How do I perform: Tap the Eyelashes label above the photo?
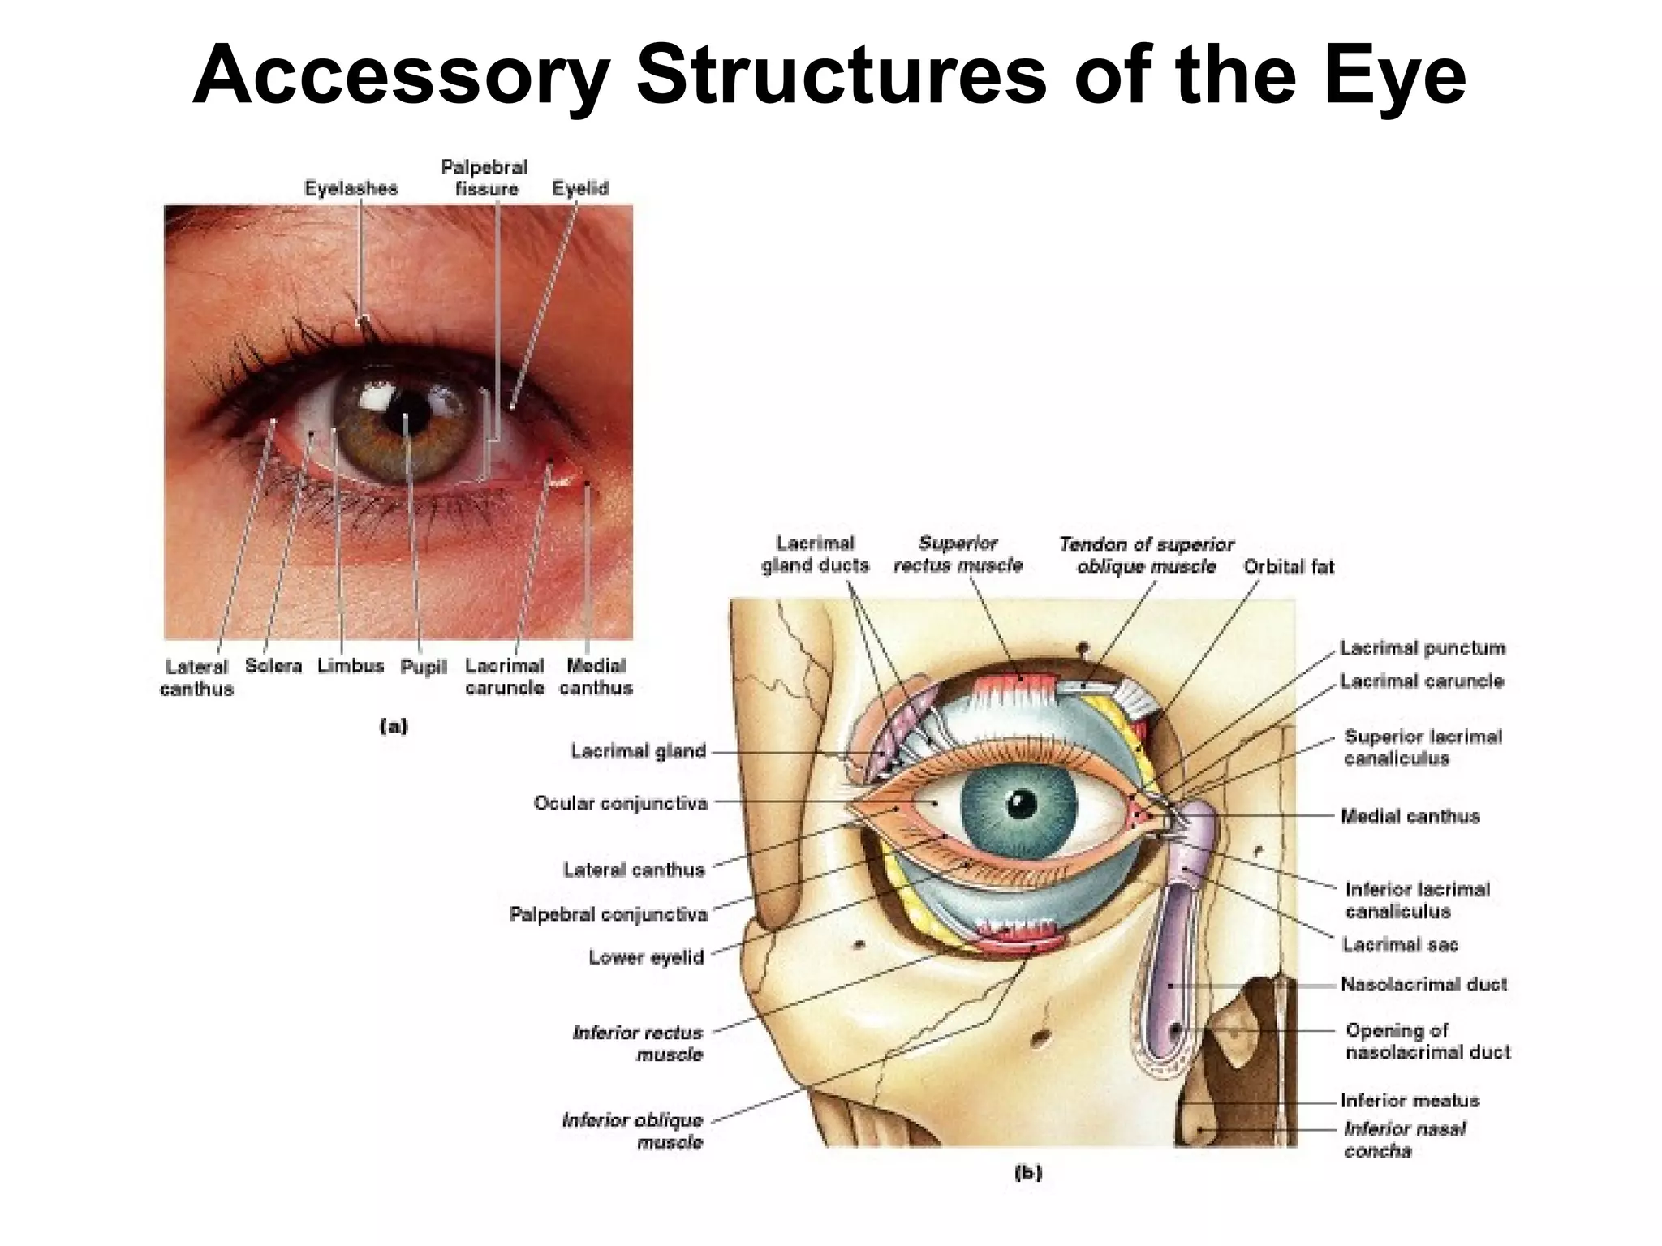pyautogui.click(x=351, y=189)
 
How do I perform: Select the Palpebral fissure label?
pyautogui.click(x=484, y=178)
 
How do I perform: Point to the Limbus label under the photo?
pyautogui.click(x=350, y=666)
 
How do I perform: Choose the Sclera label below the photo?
pyautogui.click(x=273, y=666)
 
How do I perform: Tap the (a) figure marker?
pyautogui.click(x=394, y=726)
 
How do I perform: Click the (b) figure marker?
pyautogui.click(x=1027, y=1172)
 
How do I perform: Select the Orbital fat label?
pyautogui.click(x=1289, y=567)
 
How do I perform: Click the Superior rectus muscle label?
pyautogui.click(x=958, y=554)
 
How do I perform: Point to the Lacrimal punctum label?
pyautogui.click(x=1422, y=648)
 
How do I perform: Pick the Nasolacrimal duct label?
pyautogui.click(x=1423, y=985)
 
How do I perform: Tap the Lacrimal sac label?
pyautogui.click(x=1400, y=944)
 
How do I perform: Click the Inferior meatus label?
pyautogui.click(x=1410, y=1101)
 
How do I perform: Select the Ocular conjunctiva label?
pyautogui.click(x=621, y=803)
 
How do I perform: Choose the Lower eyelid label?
pyautogui.click(x=646, y=957)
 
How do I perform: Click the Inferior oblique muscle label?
pyautogui.click(x=633, y=1131)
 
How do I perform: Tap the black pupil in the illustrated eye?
pyautogui.click(x=1022, y=805)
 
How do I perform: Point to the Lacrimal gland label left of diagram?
pyautogui.click(x=638, y=751)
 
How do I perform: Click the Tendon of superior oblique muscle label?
pyautogui.click(x=1146, y=555)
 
